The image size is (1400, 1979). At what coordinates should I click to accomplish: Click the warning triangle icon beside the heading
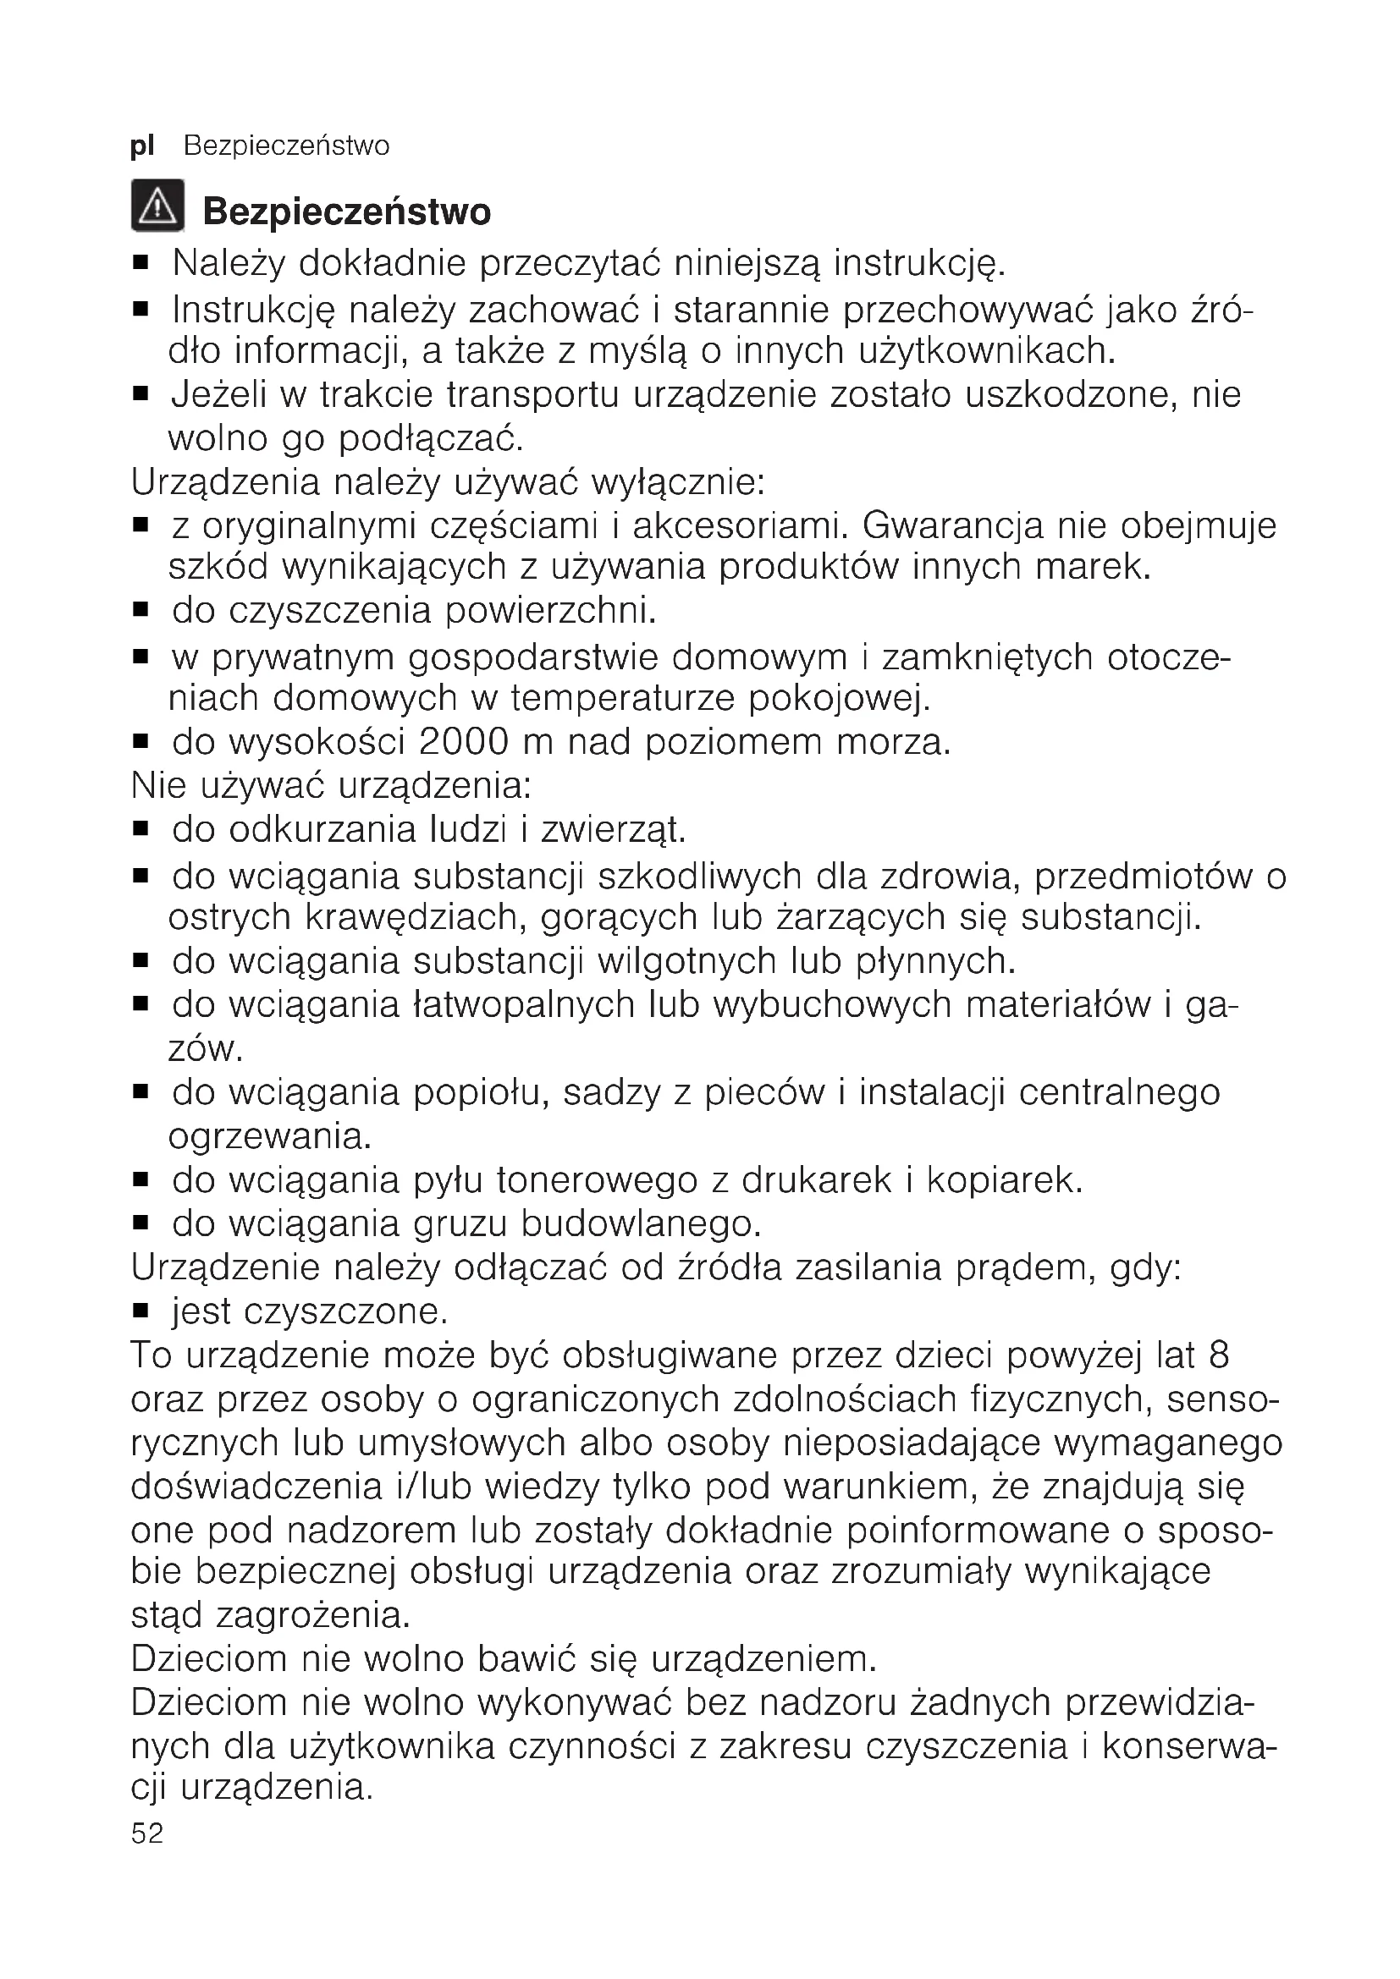pyautogui.click(x=157, y=206)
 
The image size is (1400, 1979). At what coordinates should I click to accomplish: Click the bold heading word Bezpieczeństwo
pyautogui.click(x=346, y=212)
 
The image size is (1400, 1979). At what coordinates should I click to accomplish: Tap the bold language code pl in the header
pyautogui.click(x=142, y=146)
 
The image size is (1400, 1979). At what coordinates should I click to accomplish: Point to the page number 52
pyautogui.click(x=146, y=1833)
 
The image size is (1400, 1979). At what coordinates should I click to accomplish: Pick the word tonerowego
pyautogui.click(x=597, y=1180)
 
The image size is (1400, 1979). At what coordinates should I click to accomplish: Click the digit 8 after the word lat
pyautogui.click(x=1219, y=1355)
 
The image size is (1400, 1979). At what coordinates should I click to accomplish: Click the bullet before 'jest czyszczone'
pyautogui.click(x=141, y=1312)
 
